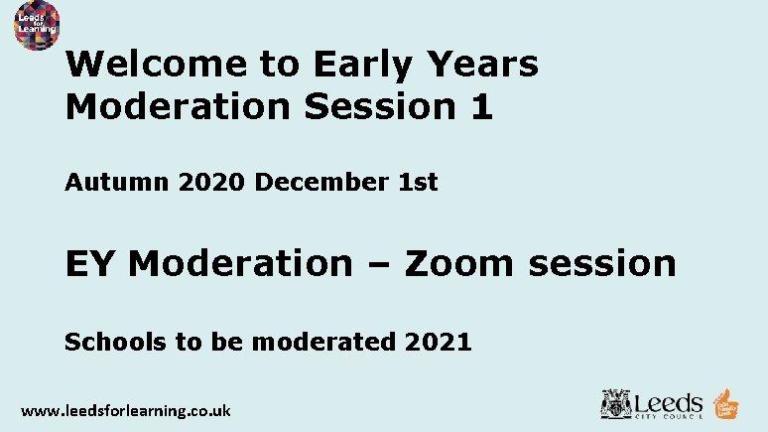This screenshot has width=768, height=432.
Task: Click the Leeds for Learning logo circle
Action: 37,25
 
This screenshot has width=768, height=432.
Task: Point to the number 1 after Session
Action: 481,105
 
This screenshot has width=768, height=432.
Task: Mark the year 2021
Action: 438,343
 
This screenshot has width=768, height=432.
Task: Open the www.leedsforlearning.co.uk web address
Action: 126,410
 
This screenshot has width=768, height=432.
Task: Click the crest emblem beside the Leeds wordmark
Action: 615,404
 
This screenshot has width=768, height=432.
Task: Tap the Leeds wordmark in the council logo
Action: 668,402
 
